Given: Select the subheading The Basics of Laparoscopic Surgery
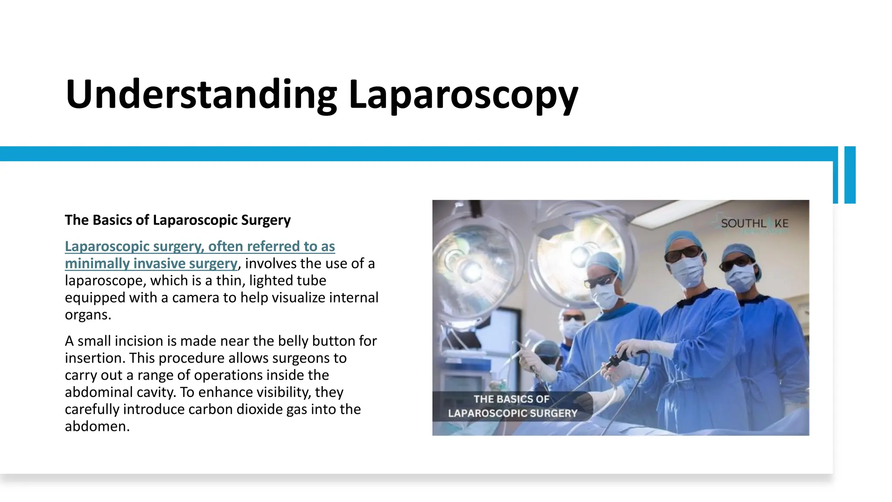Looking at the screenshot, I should click(x=178, y=220).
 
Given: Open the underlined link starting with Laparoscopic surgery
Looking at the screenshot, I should click(x=199, y=247).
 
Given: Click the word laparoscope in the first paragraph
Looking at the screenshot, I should click(x=104, y=281).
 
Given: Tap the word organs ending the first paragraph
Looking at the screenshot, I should click(x=88, y=315).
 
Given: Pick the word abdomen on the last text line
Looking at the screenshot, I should click(x=97, y=426).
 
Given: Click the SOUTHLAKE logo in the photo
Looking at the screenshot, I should click(x=754, y=224).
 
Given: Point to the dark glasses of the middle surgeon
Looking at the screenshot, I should click(x=683, y=254).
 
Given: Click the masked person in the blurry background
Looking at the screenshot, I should click(x=571, y=325).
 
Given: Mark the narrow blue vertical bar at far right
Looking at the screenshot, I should click(x=850, y=175).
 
